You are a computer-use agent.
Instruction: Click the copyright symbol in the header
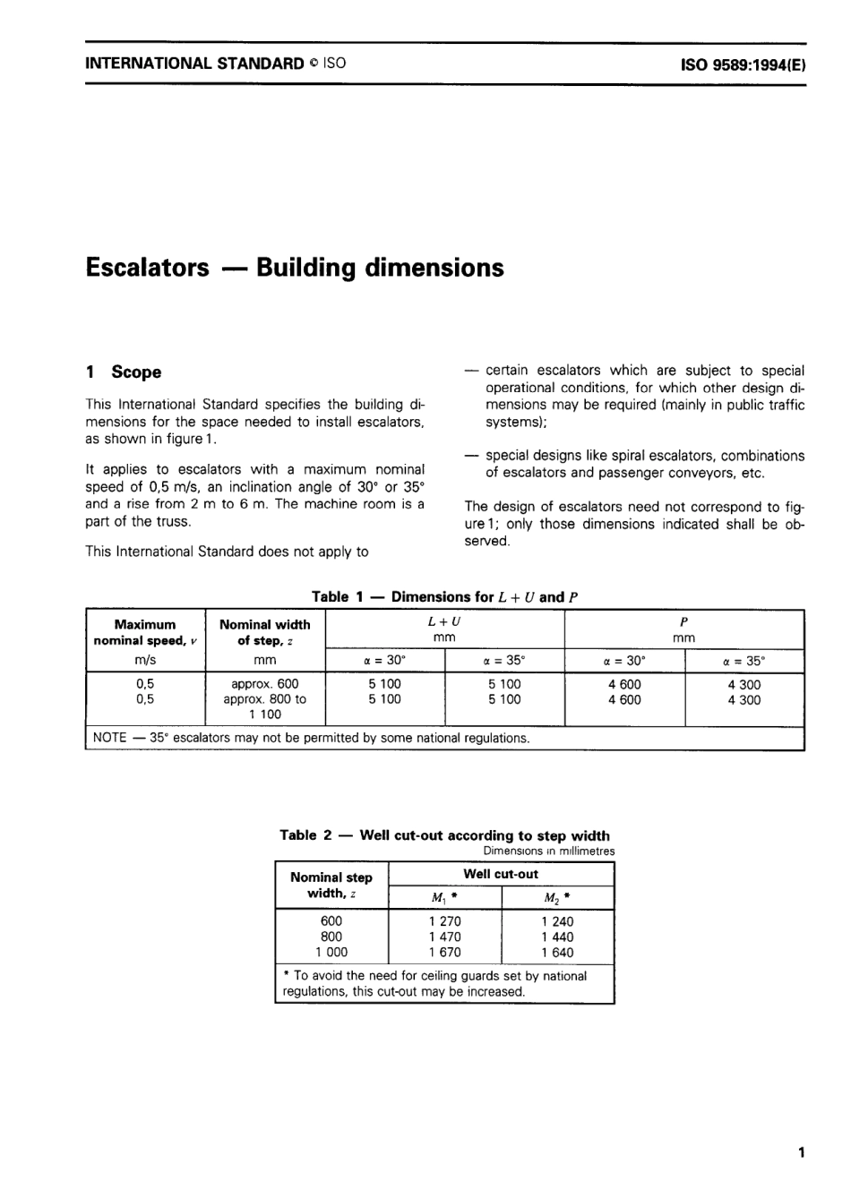point(314,64)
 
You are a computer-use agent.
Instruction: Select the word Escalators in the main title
point(147,268)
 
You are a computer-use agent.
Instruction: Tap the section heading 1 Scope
point(124,372)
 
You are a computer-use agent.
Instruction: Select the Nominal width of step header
point(264,632)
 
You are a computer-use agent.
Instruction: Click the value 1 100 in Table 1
point(264,715)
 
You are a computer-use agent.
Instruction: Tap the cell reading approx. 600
point(264,684)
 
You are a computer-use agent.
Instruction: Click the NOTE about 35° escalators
point(312,739)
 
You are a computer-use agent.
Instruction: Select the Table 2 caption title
point(444,835)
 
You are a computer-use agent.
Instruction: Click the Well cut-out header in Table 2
point(501,874)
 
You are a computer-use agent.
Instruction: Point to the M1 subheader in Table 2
point(444,898)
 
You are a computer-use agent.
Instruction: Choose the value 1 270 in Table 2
point(444,921)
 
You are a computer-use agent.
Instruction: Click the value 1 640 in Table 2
point(557,953)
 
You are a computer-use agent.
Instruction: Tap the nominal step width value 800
point(331,937)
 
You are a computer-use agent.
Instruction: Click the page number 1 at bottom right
point(800,1152)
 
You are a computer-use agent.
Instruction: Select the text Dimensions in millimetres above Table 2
point(548,851)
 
